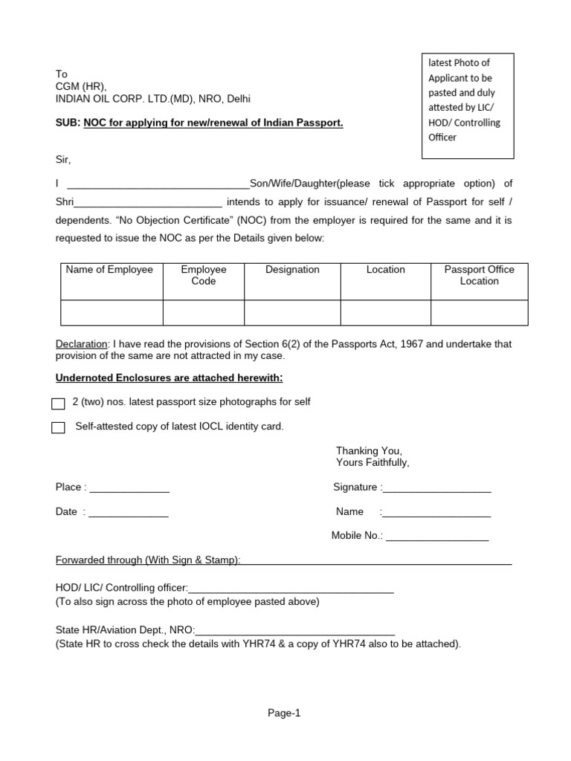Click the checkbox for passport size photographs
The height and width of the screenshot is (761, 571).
click(58, 404)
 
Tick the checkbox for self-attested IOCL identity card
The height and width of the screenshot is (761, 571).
click(58, 428)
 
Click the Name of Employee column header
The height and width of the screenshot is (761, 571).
click(109, 270)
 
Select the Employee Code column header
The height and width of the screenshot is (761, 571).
click(203, 275)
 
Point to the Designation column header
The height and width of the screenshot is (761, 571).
click(292, 270)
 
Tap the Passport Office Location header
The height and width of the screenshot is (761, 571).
click(479, 275)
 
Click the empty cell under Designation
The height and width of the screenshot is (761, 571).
click(292, 312)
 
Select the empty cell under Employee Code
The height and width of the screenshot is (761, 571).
click(203, 312)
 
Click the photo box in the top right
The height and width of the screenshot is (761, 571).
click(467, 106)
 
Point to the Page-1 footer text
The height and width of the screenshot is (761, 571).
click(285, 713)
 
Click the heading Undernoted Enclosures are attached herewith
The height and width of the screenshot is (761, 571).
click(170, 378)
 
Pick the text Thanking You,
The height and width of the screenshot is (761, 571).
click(369, 451)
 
